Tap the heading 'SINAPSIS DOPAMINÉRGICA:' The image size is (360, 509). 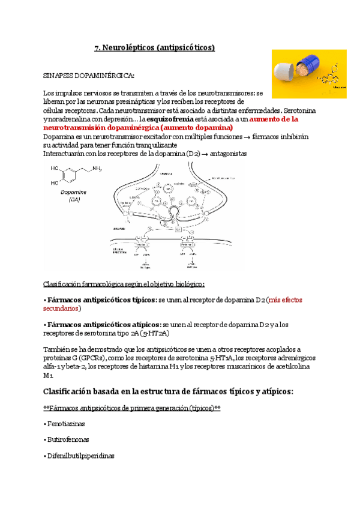pos(89,76)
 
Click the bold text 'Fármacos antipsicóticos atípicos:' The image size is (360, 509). pos(103,324)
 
